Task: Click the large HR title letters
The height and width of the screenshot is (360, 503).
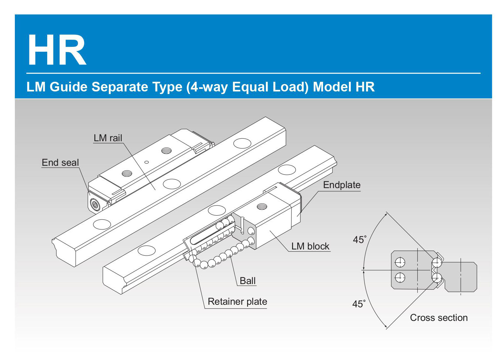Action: tap(57, 50)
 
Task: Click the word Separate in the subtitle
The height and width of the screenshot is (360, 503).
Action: tap(120, 87)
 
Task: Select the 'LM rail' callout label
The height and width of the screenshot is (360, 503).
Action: tap(108, 138)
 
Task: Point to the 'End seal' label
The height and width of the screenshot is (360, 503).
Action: tap(60, 163)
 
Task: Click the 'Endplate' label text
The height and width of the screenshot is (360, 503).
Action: tap(341, 185)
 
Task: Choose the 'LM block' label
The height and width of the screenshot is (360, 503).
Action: tap(310, 246)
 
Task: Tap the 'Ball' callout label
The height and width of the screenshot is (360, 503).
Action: tap(247, 281)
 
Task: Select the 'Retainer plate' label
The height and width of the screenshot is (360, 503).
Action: tap(237, 302)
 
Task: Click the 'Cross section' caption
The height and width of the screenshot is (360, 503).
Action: tap(439, 318)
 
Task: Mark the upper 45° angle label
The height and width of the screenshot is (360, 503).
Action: tap(359, 240)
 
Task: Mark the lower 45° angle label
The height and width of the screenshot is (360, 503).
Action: tap(359, 304)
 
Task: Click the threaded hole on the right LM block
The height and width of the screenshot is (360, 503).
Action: tap(262, 206)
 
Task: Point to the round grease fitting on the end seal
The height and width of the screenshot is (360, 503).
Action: tap(95, 205)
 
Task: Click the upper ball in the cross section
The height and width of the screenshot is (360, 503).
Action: tap(437, 262)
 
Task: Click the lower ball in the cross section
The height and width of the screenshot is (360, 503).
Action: tap(437, 277)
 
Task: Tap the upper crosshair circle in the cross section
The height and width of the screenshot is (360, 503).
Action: tap(400, 262)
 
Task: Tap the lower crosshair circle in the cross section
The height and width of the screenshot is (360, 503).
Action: tap(400, 277)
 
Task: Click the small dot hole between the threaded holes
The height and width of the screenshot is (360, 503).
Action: tap(147, 162)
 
